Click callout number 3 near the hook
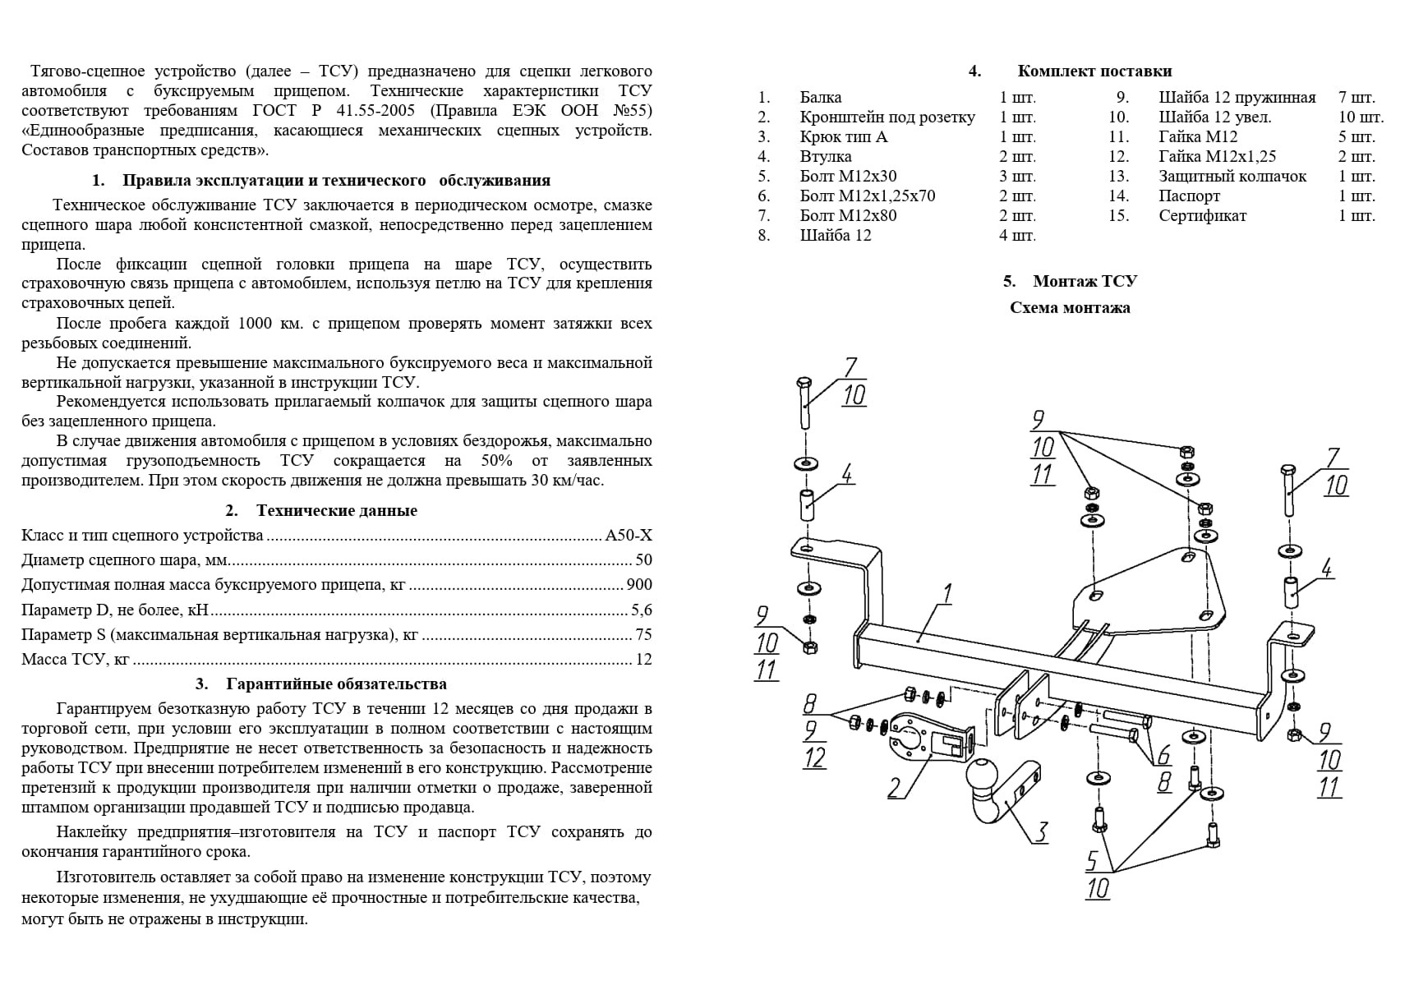pyautogui.click(x=1041, y=831)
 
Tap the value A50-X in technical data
pyautogui.click(x=629, y=536)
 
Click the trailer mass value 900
pyautogui.click(x=638, y=585)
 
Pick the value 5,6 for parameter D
pyautogui.click(x=641, y=610)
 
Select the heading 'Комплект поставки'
pyautogui.click(x=1094, y=71)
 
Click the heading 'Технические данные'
pyautogui.click(x=337, y=510)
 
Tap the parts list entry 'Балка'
pyautogui.click(x=820, y=98)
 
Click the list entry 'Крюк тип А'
pyautogui.click(x=844, y=137)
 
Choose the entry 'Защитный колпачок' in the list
pyautogui.click(x=1232, y=177)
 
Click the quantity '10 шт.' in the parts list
pyautogui.click(x=1361, y=117)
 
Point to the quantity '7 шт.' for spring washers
pyautogui.click(x=1356, y=98)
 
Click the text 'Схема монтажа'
pyautogui.click(x=1070, y=308)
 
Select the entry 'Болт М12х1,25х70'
pyautogui.click(x=867, y=196)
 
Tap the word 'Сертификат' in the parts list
pyautogui.click(x=1202, y=216)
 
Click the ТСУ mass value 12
pyautogui.click(x=643, y=659)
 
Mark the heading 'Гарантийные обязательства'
pyautogui.click(x=337, y=684)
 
